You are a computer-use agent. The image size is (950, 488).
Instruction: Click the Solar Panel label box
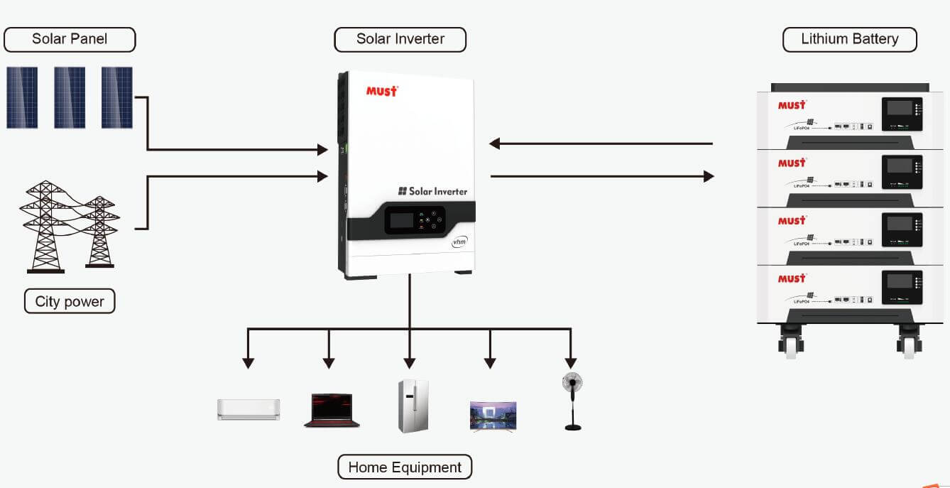tap(70, 39)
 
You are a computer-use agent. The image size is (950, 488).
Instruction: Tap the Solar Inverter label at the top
tap(400, 39)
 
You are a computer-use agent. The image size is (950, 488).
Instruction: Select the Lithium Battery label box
tap(849, 39)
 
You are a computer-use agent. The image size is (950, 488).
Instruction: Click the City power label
tap(70, 301)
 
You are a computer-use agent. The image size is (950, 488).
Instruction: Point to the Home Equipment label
tap(405, 467)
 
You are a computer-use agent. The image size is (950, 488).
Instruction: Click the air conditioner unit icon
tap(249, 409)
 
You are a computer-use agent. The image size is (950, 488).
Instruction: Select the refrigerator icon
tap(413, 406)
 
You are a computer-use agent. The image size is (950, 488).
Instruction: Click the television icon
tap(493, 416)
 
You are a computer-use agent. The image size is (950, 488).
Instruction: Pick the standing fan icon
tap(572, 401)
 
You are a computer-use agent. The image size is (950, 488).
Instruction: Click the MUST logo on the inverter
tap(382, 91)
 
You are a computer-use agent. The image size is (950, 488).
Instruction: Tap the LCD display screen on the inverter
tap(402, 220)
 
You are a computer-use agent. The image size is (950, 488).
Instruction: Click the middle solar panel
tap(70, 97)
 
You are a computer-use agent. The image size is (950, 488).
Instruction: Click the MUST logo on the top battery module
tap(792, 105)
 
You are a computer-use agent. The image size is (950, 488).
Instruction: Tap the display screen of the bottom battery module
tap(900, 281)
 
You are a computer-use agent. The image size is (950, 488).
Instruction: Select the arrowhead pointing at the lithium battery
tap(709, 176)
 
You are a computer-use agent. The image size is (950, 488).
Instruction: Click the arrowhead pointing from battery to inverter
tap(495, 143)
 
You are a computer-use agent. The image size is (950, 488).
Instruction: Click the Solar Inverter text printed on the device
tap(432, 191)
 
